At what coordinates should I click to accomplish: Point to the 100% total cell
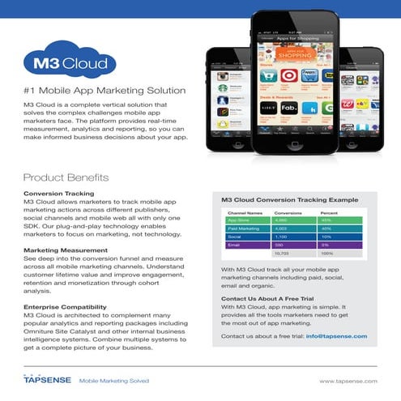tap(328, 253)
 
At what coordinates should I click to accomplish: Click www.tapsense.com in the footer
tap(348, 379)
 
